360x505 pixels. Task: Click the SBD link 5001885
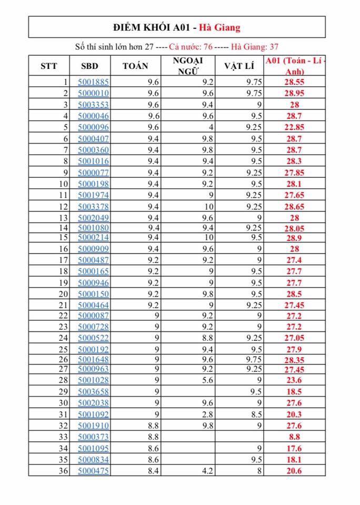93,82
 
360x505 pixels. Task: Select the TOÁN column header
135,66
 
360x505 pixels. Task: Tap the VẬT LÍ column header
239,66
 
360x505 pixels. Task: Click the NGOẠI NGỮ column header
187,66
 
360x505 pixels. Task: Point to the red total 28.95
295,93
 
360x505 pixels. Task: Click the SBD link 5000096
93,127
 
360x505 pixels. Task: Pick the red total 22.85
295,127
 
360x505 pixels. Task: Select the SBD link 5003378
93,206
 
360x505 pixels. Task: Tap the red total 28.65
295,206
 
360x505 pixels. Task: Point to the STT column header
49,66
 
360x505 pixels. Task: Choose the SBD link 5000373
93,437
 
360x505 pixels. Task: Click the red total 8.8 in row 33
295,437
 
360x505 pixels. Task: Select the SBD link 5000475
93,471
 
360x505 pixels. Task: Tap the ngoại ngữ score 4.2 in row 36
207,471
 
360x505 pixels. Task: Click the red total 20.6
295,471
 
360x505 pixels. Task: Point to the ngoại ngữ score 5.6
207,380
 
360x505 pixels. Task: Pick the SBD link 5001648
93,359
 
